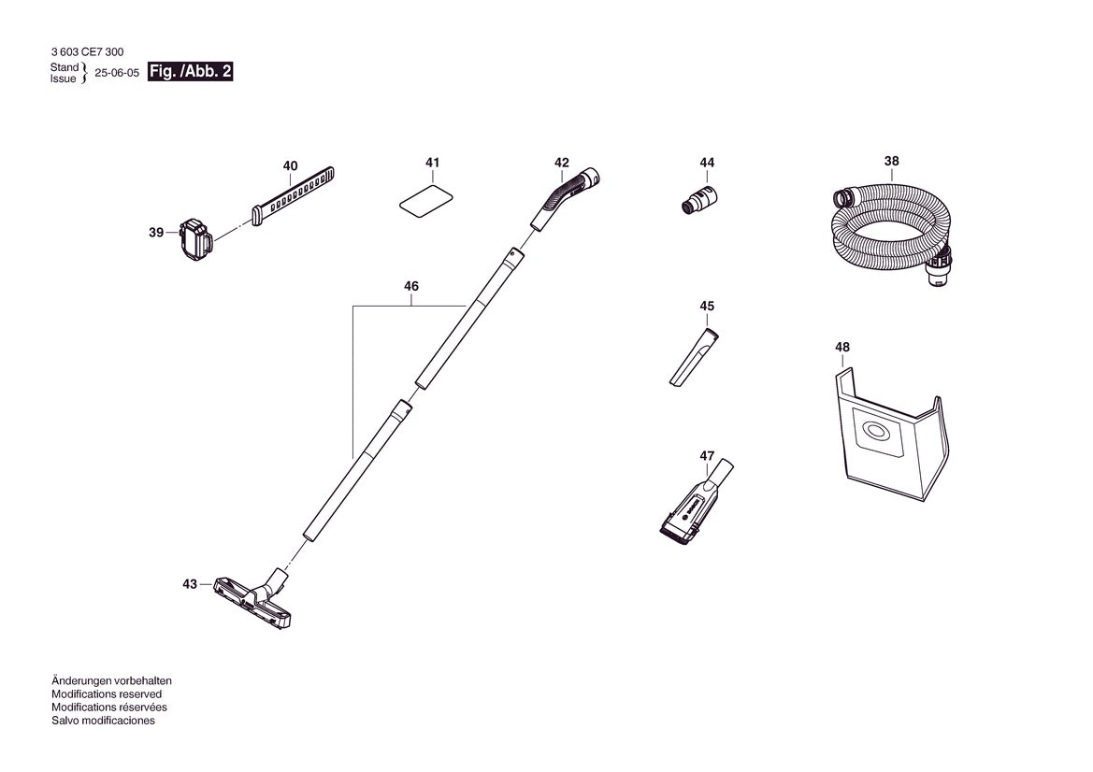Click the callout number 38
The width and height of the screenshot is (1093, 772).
tap(891, 161)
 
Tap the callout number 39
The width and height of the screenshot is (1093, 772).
tap(156, 233)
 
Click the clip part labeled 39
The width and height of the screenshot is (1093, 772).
tap(195, 241)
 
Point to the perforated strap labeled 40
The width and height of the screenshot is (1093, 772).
tap(292, 196)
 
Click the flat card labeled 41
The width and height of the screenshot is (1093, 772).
tap(426, 201)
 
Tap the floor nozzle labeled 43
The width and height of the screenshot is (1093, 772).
tap(253, 598)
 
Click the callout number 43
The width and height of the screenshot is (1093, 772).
tap(190, 584)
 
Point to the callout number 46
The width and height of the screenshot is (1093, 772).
tap(411, 286)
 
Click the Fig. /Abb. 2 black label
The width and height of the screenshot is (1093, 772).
tap(191, 72)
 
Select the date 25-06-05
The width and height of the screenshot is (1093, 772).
tap(117, 73)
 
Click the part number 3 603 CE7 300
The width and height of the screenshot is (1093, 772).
tap(87, 52)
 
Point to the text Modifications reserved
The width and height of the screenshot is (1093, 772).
tap(107, 694)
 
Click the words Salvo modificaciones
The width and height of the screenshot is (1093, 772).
tap(103, 721)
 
